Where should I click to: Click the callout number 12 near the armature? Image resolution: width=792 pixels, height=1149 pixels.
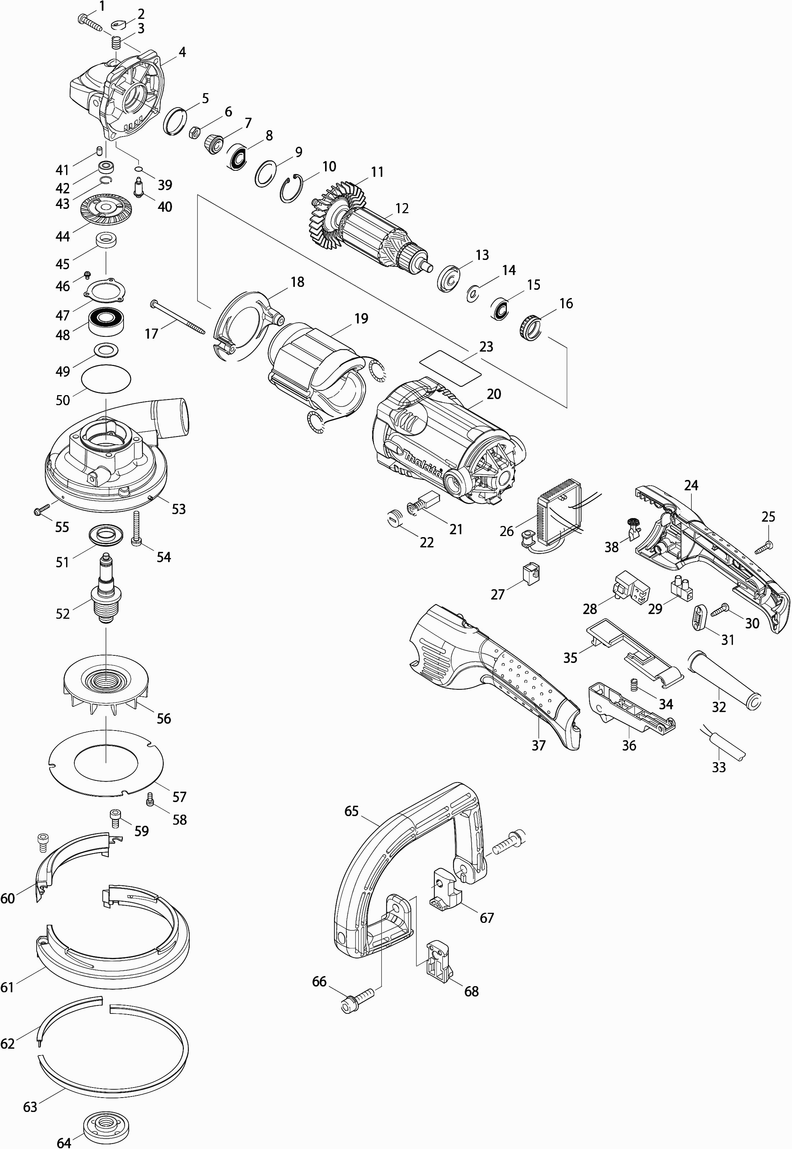402,209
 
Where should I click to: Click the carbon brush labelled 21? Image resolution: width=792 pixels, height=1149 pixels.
422,502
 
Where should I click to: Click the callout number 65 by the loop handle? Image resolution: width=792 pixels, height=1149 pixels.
351,811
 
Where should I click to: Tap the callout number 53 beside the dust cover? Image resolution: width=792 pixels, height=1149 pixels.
178,509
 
